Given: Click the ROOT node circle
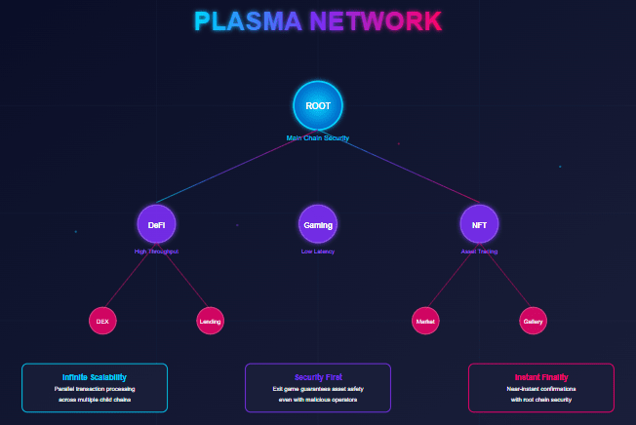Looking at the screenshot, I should click(318, 105).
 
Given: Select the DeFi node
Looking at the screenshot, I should click(156, 224).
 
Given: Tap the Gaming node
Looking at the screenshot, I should click(318, 224).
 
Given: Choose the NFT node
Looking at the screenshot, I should click(479, 224).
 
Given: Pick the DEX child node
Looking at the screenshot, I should click(102, 320).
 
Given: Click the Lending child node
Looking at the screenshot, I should click(210, 320).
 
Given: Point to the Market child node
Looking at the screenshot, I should click(425, 320).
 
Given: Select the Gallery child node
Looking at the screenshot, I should click(533, 320).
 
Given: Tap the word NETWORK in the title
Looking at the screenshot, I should click(376, 21).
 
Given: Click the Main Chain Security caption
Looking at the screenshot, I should click(318, 137).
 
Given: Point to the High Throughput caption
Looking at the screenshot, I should click(156, 251).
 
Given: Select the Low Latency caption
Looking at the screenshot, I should click(318, 251).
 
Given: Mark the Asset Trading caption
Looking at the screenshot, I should click(479, 251).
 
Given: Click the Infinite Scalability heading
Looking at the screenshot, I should click(95, 376).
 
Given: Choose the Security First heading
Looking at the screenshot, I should click(318, 376).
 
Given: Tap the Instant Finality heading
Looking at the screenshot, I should click(541, 376).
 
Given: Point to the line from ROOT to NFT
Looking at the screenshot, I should click(400, 166).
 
